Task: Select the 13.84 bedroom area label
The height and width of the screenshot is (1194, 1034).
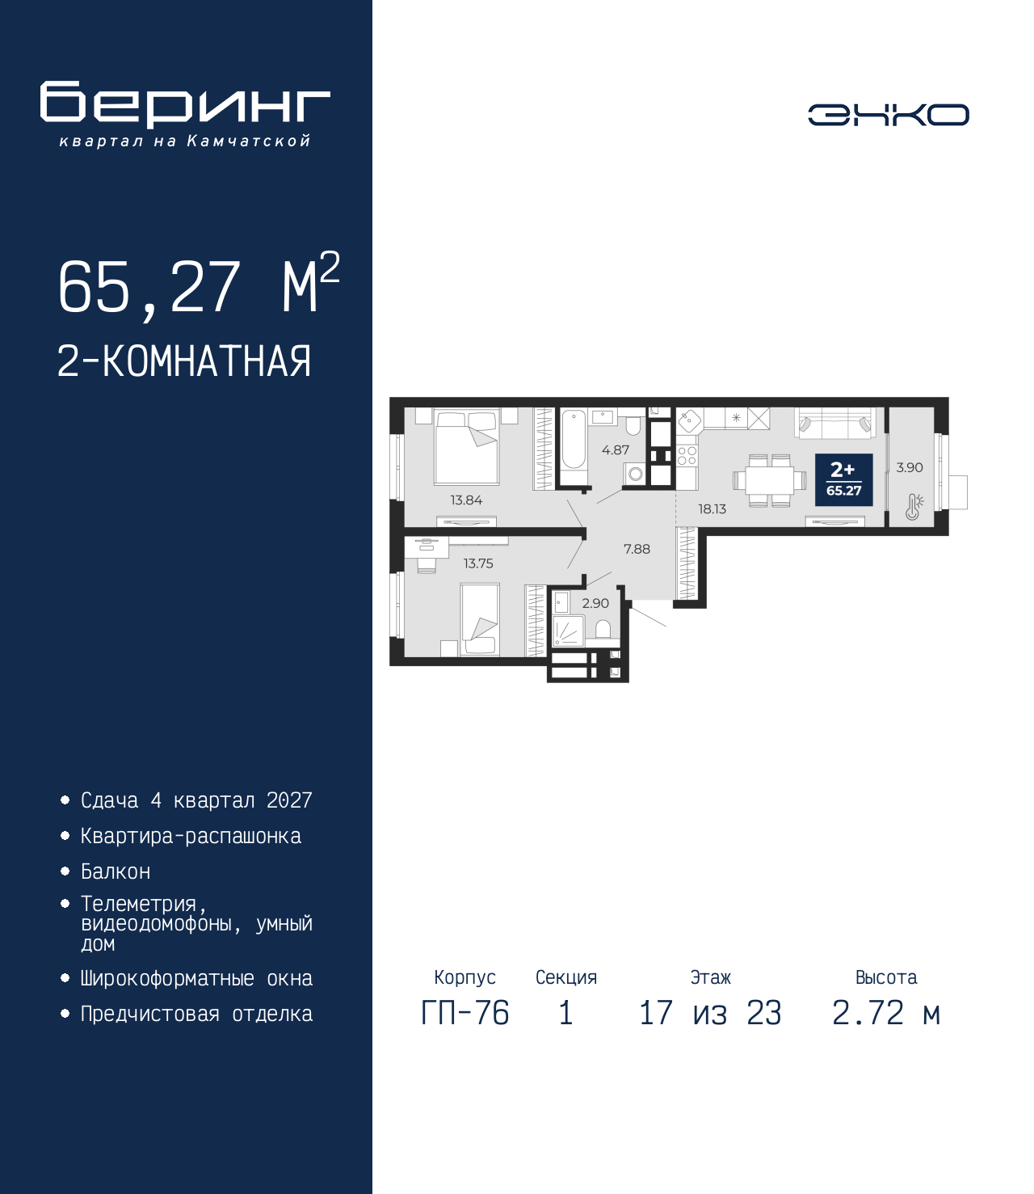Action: click(466, 500)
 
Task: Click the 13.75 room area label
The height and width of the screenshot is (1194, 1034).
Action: click(478, 563)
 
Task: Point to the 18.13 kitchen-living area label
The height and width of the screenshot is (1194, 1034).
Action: click(712, 509)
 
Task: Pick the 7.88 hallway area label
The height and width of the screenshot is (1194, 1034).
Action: click(637, 549)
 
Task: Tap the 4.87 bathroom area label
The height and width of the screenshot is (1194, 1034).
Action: click(616, 450)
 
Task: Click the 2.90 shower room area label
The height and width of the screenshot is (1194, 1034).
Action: click(595, 603)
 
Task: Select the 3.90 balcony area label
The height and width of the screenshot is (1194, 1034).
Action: click(910, 467)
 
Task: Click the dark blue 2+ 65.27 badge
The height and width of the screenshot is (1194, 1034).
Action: click(843, 479)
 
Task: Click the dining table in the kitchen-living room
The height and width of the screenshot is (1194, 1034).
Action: click(770, 480)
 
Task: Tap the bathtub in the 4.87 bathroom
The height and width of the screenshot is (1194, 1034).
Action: click(574, 447)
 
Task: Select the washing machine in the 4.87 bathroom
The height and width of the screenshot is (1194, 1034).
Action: click(635, 475)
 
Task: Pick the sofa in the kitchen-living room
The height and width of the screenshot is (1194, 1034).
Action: click(835, 422)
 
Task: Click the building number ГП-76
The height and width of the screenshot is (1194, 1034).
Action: click(464, 1013)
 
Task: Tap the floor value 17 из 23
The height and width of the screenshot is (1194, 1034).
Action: click(710, 1013)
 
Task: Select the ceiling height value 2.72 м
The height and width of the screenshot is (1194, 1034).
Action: click(886, 1013)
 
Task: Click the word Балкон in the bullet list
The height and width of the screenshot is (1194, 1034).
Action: click(116, 871)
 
